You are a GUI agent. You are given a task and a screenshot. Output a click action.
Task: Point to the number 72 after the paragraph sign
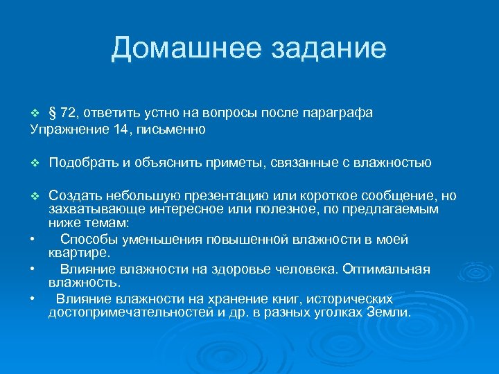point(69,114)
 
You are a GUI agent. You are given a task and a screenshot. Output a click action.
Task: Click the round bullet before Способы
point(33,240)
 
